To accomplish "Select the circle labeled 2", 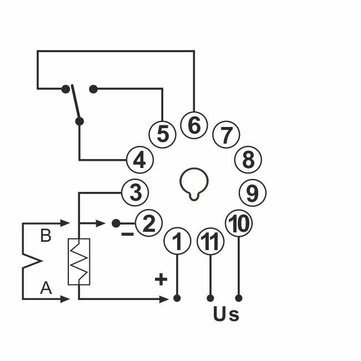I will [x=148, y=223].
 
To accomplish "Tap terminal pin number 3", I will [x=135, y=193].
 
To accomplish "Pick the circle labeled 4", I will [x=139, y=160].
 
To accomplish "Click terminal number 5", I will [x=162, y=134].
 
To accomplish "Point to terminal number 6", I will [x=194, y=125].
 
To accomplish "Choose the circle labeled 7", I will [x=226, y=135].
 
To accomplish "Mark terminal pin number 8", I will [x=248, y=160].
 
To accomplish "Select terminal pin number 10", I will [x=239, y=223].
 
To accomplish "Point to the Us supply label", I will [x=226, y=314].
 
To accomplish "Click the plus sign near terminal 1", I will [x=161, y=279].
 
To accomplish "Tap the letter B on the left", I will [x=46, y=236].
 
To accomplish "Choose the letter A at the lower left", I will [x=46, y=287].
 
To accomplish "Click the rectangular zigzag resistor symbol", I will [x=79, y=262].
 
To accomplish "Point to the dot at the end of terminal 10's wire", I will [x=239, y=298].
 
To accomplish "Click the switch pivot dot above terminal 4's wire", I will [x=79, y=121].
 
